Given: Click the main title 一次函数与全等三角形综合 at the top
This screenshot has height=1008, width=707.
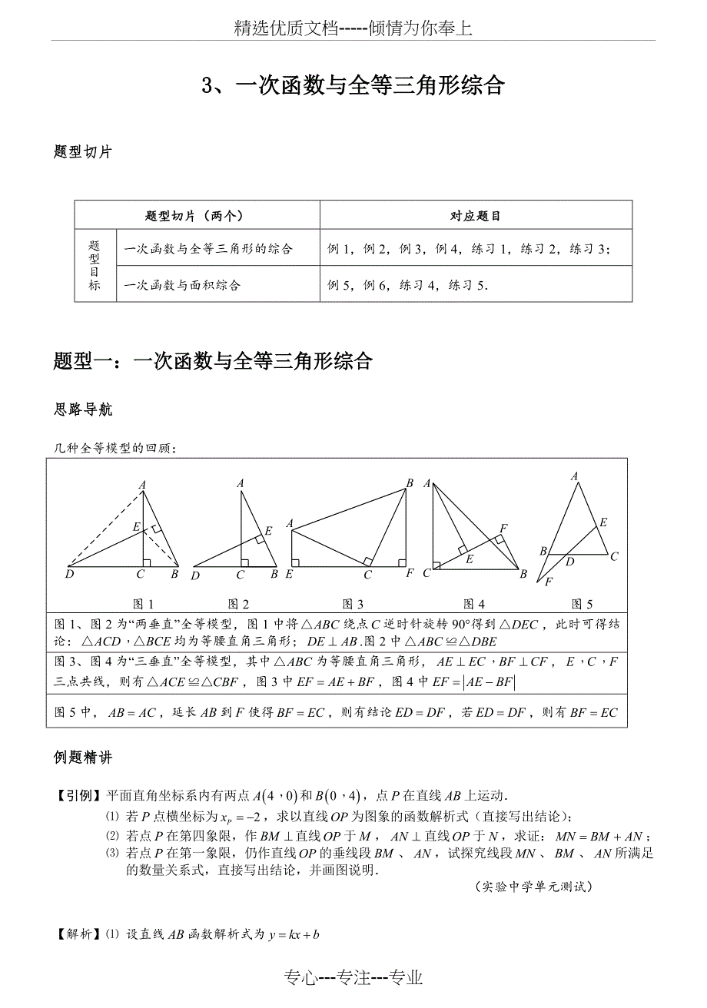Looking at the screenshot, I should click(353, 85).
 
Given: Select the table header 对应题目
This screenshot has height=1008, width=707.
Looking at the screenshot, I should click(475, 216).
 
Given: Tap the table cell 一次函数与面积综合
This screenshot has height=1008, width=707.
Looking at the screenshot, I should click(182, 285).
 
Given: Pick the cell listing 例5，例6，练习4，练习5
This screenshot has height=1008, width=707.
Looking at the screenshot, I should click(408, 285).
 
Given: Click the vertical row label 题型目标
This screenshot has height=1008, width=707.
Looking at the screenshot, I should click(95, 266).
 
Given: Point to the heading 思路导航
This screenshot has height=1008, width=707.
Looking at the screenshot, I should click(83, 409).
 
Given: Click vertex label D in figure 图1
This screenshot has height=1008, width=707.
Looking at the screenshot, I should click(70, 574).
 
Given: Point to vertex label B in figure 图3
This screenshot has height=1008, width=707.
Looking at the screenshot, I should click(410, 483).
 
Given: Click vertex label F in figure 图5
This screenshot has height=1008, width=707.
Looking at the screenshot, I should click(548, 582).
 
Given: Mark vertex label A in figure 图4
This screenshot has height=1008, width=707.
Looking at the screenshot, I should click(427, 483).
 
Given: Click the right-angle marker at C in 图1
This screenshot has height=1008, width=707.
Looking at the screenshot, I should click(146, 563).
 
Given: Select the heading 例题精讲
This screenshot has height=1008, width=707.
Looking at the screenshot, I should click(83, 758).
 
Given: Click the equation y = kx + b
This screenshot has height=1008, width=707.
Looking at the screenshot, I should click(294, 935).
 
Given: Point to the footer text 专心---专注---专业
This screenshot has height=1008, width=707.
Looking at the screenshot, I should click(353, 977).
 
